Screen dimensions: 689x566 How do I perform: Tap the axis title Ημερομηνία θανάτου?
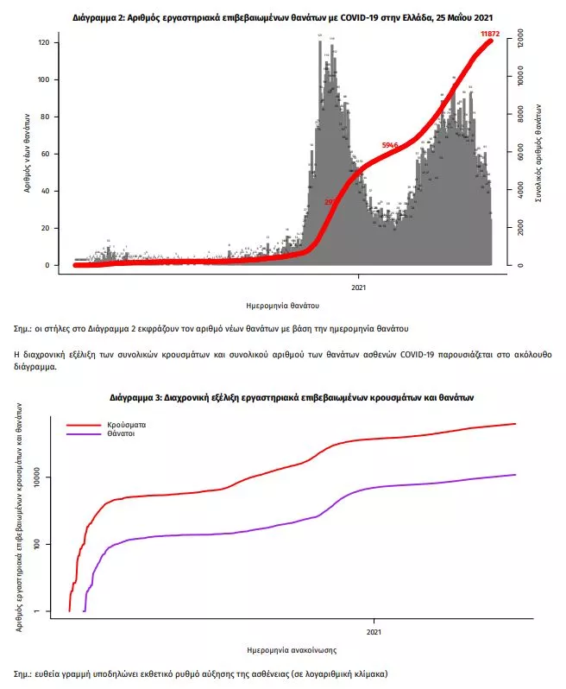pos(283,305)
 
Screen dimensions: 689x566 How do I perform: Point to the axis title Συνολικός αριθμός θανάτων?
pos(539,152)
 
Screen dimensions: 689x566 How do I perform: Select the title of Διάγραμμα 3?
pos(292,398)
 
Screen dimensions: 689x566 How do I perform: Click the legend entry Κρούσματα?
pos(127,426)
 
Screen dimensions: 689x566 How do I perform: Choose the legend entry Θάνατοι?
pos(123,435)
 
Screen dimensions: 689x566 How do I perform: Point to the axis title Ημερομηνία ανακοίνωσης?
pos(292,649)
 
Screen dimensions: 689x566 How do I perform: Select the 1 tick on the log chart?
pos(51,611)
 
